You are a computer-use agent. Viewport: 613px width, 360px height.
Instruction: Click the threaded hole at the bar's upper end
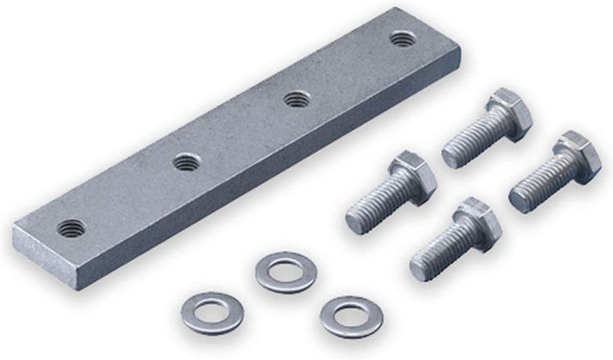pyautogui.click(x=402, y=37)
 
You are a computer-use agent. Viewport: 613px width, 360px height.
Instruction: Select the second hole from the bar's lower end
pyautogui.click(x=185, y=163)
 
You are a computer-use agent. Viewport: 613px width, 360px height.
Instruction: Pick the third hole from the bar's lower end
pyautogui.click(x=295, y=99)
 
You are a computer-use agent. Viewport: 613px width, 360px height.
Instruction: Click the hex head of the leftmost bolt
pyautogui.click(x=410, y=177)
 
